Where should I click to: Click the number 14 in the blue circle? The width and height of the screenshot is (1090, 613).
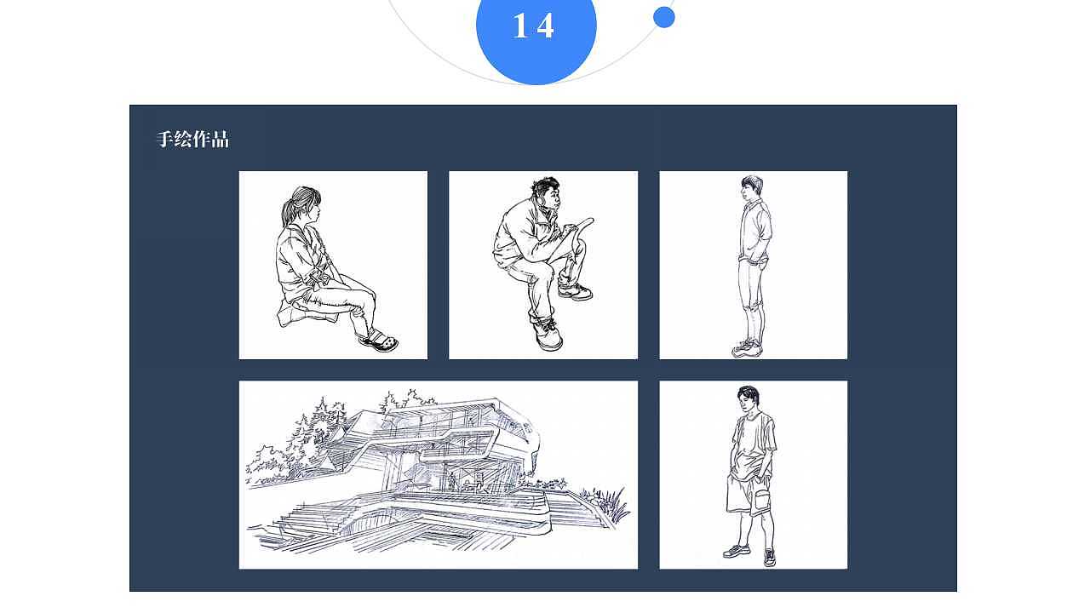(x=533, y=26)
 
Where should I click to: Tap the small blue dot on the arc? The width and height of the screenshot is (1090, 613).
(x=663, y=18)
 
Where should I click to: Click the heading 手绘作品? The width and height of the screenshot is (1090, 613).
(x=192, y=139)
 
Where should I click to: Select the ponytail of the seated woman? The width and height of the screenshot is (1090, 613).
(x=288, y=209)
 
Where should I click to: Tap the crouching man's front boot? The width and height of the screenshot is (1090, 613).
(x=548, y=335)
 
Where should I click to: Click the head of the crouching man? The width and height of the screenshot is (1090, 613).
(x=548, y=193)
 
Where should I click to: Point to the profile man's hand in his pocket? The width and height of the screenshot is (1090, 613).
(x=761, y=263)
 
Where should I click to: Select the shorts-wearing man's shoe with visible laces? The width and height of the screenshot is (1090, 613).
(x=769, y=558)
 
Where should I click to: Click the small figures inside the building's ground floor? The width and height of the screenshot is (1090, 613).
(x=466, y=483)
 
